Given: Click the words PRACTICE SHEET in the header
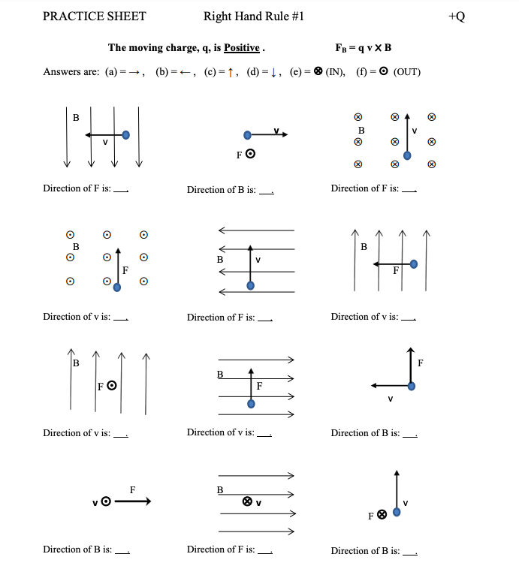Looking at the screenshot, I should [95, 17].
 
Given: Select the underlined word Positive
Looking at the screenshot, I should [241, 48].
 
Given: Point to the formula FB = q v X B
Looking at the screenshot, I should [364, 48].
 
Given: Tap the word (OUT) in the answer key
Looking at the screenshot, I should [406, 72].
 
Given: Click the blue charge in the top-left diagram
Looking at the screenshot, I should [125, 135].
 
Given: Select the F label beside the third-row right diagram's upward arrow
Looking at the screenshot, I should [420, 364].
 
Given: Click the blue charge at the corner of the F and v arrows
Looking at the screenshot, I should [411, 386].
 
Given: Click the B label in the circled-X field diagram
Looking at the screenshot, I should [361, 130].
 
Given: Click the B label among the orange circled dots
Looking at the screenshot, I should [75, 245].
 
